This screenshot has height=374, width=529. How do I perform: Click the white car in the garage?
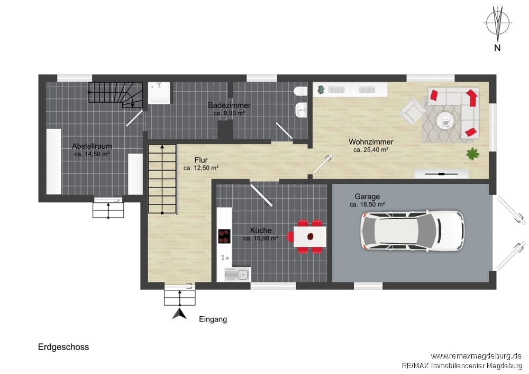click(412, 231)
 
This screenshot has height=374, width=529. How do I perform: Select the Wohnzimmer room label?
click(371, 142)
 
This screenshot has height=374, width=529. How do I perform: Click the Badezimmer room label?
click(229, 105)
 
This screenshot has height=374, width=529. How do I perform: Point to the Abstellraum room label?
click(92, 146)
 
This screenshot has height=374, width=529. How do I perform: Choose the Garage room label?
click(367, 197)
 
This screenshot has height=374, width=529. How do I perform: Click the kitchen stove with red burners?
click(224, 236)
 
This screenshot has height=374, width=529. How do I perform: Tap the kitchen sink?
click(238, 274)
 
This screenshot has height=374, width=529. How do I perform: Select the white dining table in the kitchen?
click(309, 236)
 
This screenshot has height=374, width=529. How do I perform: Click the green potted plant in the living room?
click(472, 154)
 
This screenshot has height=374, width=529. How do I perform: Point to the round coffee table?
click(446, 120)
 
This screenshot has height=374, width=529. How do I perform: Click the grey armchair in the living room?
click(412, 111)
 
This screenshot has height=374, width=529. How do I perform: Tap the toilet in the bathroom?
click(300, 92)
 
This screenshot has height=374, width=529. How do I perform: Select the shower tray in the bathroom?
click(159, 93)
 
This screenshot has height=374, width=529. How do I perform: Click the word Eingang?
click(213, 319)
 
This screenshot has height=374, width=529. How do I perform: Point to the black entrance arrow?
click(179, 314)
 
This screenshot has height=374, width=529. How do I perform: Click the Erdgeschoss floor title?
click(63, 347)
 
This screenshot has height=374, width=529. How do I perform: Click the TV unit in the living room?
click(441, 174)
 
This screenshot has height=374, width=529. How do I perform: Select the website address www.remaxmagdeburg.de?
click(476, 356)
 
